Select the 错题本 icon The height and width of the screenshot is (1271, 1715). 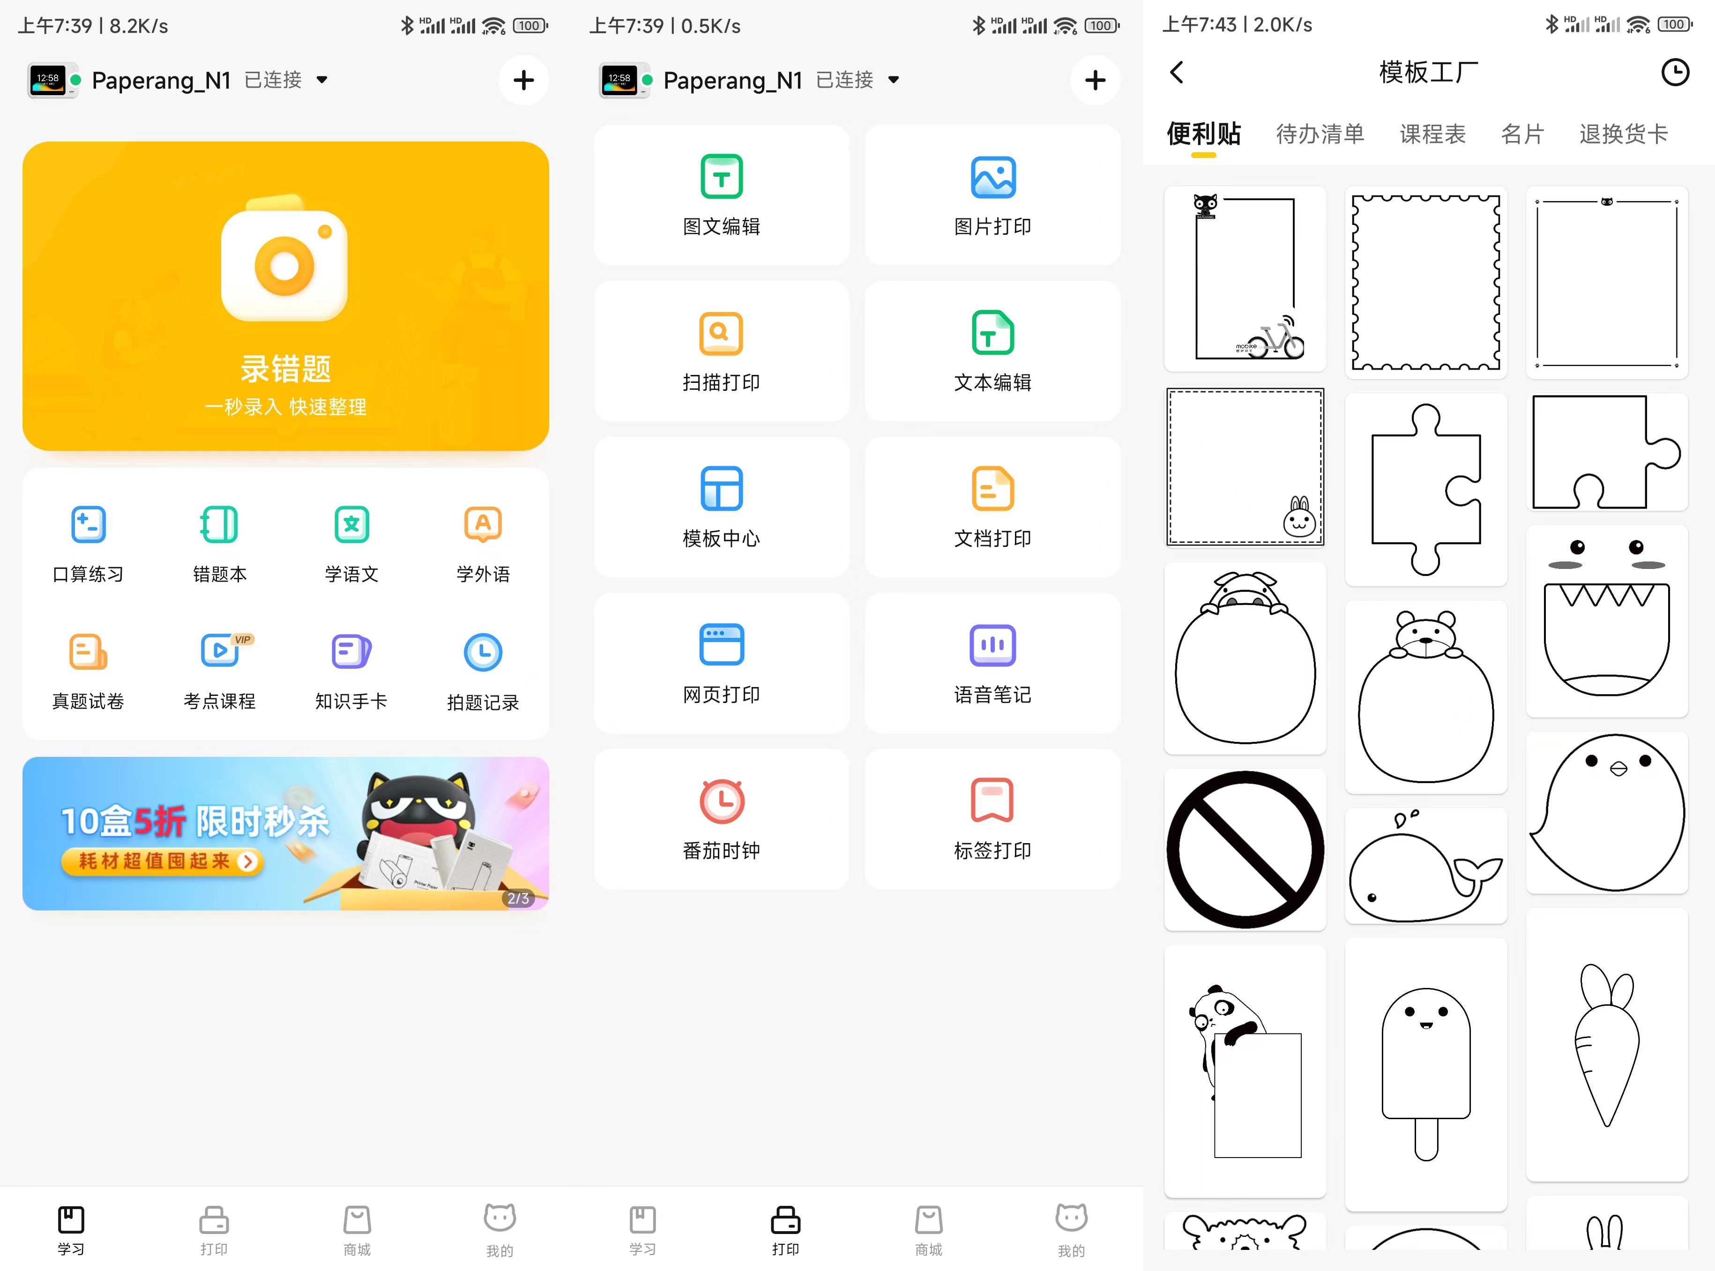click(x=219, y=525)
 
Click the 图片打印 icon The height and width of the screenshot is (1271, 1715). click(x=993, y=178)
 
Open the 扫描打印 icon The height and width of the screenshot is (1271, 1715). click(x=721, y=333)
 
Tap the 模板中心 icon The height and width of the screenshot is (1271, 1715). click(x=721, y=488)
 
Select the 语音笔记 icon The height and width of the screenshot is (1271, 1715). click(x=993, y=645)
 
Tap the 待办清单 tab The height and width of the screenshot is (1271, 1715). click(x=1320, y=134)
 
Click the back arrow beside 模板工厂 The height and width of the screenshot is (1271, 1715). click(x=1177, y=72)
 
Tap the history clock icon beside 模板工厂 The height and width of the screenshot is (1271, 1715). click(x=1675, y=72)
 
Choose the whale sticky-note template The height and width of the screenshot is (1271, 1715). click(x=1425, y=866)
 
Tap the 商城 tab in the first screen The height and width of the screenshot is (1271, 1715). click(x=357, y=1229)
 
